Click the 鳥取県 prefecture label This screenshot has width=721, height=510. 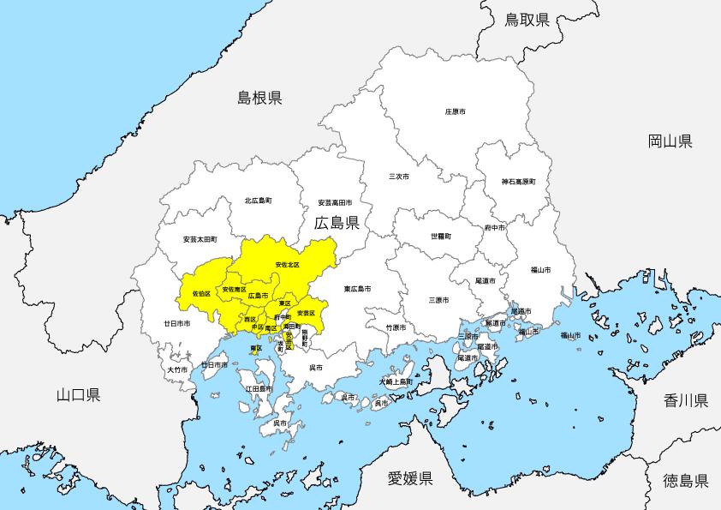pos(527,19)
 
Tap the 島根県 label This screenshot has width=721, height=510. pos(259,99)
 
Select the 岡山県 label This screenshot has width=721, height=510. pos(670,141)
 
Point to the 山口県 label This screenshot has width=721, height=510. pos(78,395)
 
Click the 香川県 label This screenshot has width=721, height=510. pos(686,400)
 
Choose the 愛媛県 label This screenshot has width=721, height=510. pos(410,478)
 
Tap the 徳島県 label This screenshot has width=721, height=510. pos(686,480)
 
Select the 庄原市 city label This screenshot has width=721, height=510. pos(456,112)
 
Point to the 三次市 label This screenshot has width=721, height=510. pos(399,177)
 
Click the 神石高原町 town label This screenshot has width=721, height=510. pos(518,182)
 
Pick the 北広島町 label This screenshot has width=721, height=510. pos(258,201)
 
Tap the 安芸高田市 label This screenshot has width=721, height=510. pos(335,202)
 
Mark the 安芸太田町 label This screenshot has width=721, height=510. pos(200,239)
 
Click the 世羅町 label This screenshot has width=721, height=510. pos(441,235)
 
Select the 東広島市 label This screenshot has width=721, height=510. pos(358,289)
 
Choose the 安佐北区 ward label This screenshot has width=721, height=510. pos(288,265)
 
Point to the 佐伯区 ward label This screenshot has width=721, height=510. pos(201,293)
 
